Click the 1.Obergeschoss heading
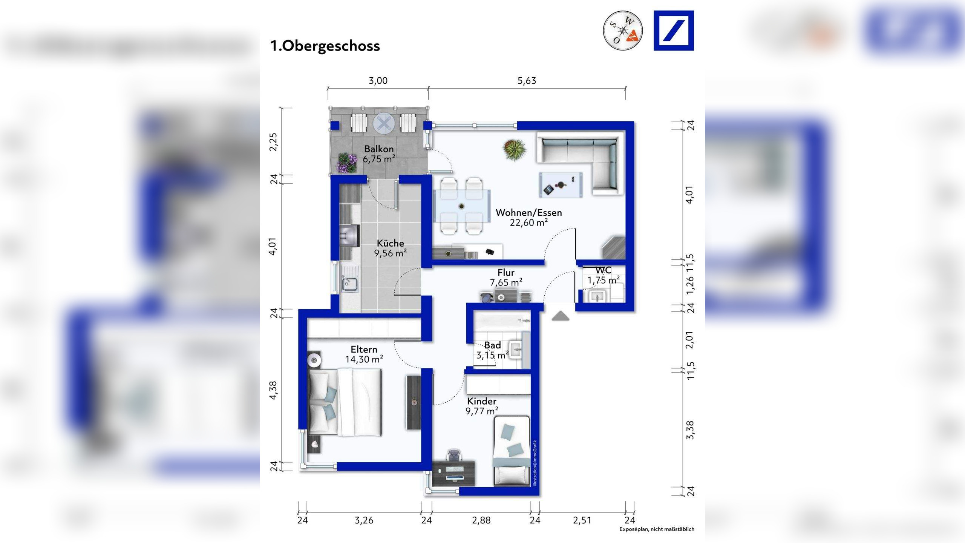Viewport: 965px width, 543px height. tap(325, 46)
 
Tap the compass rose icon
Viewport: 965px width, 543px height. tap(623, 30)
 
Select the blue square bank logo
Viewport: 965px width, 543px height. tap(674, 31)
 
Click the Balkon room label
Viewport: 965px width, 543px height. tap(379, 149)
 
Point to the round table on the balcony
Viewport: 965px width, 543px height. tap(384, 123)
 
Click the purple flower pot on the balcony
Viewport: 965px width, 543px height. tap(347, 163)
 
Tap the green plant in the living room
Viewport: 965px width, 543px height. tap(515, 150)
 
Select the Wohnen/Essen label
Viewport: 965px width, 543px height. tap(528, 213)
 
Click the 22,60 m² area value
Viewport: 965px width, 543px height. tap(528, 222)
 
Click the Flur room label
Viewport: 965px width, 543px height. tap(506, 272)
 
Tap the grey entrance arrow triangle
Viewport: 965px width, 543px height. tap(560, 316)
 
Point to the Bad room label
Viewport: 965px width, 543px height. tap(492, 345)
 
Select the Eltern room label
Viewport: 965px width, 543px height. tap(364, 350)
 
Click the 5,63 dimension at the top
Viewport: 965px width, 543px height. tap(527, 81)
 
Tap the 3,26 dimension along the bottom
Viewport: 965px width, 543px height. tap(364, 521)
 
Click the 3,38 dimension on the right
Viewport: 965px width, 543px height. tap(690, 430)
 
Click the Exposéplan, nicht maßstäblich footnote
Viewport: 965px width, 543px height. tap(657, 529)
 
